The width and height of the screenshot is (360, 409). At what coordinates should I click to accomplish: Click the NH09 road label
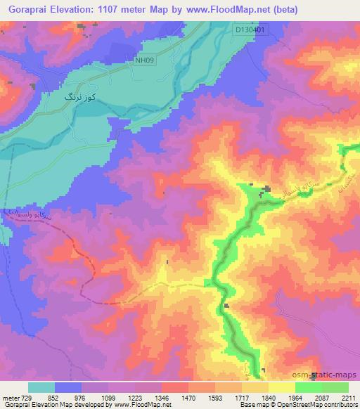click(144, 60)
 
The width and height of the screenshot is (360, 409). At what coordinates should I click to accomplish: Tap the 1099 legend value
click(108, 397)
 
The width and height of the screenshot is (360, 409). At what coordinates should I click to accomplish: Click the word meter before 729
click(10, 397)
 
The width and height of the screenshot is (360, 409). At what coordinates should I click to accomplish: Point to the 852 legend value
click(54, 397)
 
